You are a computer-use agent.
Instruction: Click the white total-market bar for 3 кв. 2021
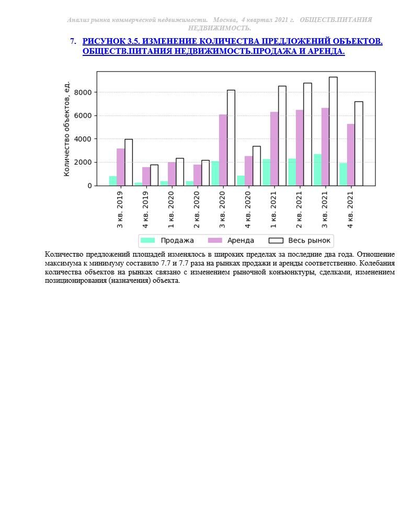(x=333, y=132)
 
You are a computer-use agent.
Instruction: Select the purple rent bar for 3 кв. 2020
(x=223, y=150)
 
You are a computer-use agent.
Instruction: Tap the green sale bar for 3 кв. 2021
(x=317, y=170)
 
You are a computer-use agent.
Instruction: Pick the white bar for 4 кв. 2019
(x=154, y=175)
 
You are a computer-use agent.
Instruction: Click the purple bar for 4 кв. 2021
(x=351, y=155)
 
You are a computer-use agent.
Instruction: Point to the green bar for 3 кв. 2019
(x=113, y=181)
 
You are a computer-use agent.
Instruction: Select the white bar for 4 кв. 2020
(x=256, y=166)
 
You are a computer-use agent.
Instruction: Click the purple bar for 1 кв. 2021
(x=274, y=148)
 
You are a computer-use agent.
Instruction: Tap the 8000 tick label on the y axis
(x=83, y=93)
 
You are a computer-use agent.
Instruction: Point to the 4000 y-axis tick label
(x=83, y=139)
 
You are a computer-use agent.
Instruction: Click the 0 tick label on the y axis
(x=89, y=186)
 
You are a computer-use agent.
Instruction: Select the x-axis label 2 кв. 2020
(x=197, y=210)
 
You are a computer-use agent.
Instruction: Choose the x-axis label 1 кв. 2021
(x=273, y=210)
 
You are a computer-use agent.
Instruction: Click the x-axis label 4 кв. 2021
(x=350, y=210)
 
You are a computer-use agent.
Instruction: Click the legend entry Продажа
(x=167, y=240)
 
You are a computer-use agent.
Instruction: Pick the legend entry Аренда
(x=231, y=240)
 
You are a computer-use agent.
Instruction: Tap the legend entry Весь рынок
(x=300, y=240)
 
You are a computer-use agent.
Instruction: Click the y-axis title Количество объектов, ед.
(x=66, y=129)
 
